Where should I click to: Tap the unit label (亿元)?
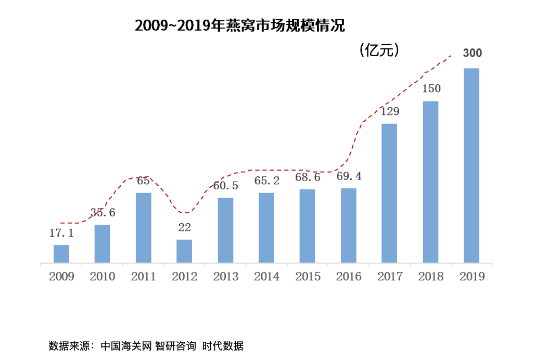click(379, 50)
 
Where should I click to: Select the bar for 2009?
click(61, 254)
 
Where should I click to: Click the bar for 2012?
click(184, 251)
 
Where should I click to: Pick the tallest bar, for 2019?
click(472, 165)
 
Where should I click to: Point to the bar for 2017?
click(389, 193)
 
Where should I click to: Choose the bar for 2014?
click(266, 227)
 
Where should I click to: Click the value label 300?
click(473, 53)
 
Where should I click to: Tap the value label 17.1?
click(61, 234)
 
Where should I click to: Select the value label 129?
click(389, 111)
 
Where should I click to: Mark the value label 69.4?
click(349, 176)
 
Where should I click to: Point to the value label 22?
click(184, 227)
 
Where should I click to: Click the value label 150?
click(431, 88)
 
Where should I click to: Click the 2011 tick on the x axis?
click(143, 277)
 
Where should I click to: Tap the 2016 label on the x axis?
click(349, 277)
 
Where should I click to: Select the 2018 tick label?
click(431, 277)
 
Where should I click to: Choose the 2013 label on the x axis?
click(225, 277)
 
